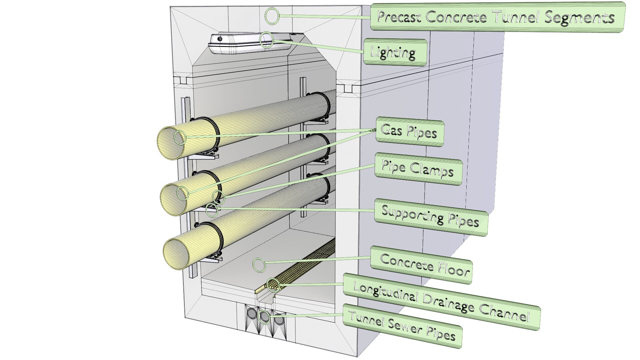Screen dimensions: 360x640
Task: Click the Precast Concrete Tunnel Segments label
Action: [497, 17]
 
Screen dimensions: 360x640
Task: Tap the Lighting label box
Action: [394, 52]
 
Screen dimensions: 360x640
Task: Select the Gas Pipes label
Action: [409, 132]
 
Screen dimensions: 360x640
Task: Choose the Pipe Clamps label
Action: [418, 169]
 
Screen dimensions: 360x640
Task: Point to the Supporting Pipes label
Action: [430, 217]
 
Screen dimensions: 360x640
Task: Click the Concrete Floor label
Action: [422, 265]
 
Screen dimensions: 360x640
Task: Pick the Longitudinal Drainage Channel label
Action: [441, 302]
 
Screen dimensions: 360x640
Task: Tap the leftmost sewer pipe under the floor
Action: [252, 314]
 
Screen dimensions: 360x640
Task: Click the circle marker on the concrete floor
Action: [259, 265]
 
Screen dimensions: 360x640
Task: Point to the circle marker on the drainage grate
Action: [273, 285]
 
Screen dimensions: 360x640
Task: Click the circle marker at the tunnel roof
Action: [272, 16]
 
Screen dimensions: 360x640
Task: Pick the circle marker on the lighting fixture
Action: [267, 40]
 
